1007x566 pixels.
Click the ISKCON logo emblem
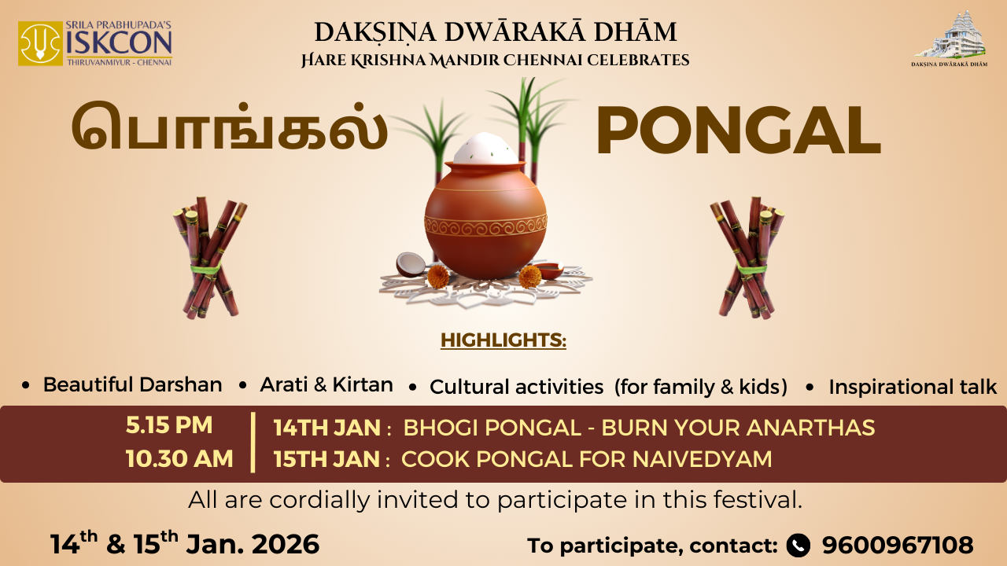(x=41, y=44)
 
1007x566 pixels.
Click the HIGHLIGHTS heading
(x=503, y=341)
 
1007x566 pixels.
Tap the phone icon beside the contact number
(x=799, y=545)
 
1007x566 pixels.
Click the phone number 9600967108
(x=898, y=545)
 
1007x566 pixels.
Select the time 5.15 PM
(x=169, y=425)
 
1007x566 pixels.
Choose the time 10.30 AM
(x=179, y=458)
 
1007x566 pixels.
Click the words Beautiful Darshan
(x=132, y=385)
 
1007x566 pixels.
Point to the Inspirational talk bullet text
(x=913, y=387)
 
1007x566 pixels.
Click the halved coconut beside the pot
(x=410, y=263)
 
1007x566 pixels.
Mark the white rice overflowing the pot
(x=485, y=149)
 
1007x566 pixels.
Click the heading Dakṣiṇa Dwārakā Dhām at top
(x=496, y=32)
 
